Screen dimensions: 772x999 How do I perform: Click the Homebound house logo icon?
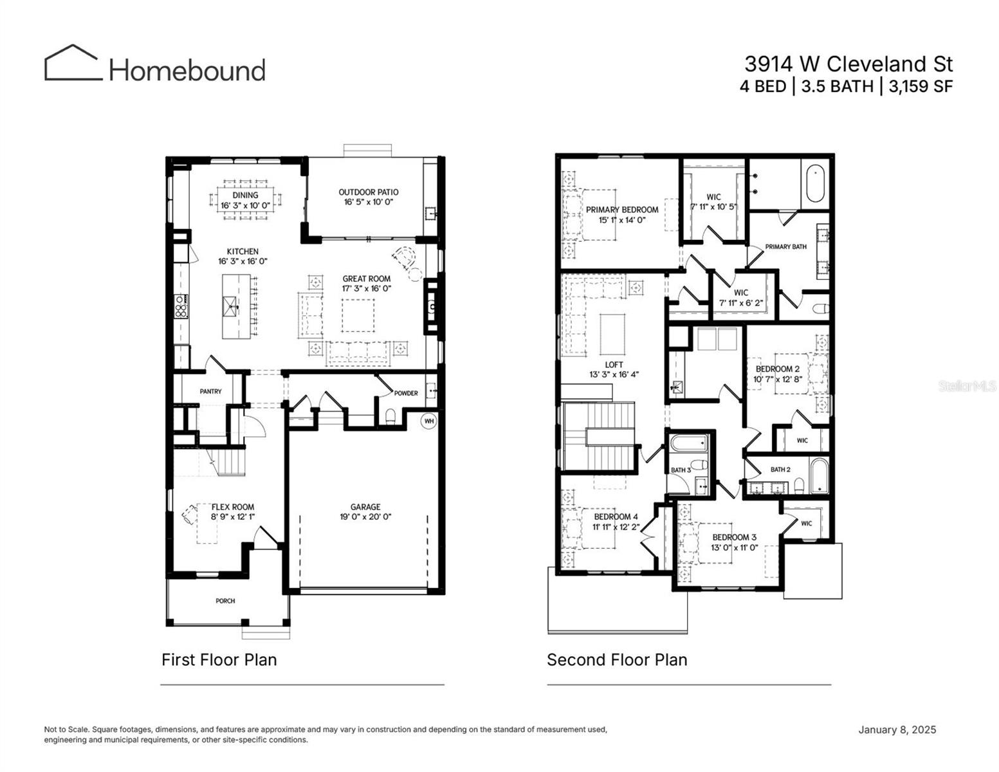73,63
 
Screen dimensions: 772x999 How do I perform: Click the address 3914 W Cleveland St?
848,64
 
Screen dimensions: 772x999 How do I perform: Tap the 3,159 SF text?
921,86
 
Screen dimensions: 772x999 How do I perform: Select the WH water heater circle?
429,421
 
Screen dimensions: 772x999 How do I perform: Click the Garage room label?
365,507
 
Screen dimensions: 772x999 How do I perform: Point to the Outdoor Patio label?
369,192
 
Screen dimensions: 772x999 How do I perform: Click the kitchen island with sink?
236,306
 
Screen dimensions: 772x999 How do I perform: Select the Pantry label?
210,391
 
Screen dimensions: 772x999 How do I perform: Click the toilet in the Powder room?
390,417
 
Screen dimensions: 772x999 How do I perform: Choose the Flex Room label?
233,507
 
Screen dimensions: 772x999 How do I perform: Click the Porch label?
225,601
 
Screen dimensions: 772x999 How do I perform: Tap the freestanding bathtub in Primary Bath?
816,181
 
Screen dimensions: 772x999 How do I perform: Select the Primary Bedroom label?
621,210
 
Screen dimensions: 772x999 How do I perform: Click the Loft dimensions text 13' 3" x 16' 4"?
614,374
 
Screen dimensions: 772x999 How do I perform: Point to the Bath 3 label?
680,470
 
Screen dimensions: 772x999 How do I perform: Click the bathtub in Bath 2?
819,477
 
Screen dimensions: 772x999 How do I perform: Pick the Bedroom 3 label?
734,537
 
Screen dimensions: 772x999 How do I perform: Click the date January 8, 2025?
897,730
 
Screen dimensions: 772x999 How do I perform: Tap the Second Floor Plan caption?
617,660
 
